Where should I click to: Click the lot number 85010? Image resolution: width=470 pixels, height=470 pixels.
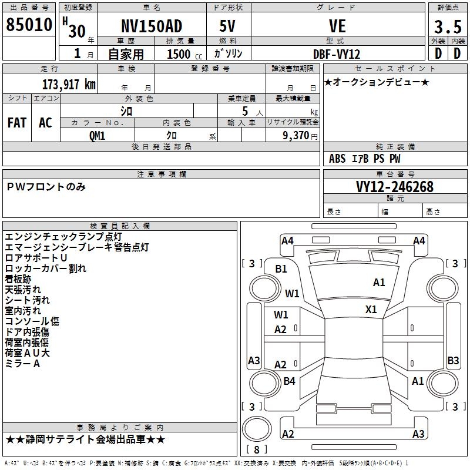pyautogui.click(x=29, y=25)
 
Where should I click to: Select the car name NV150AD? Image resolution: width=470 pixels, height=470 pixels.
pyautogui.click(x=151, y=26)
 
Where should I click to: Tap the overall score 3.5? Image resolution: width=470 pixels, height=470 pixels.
pyautogui.click(x=447, y=28)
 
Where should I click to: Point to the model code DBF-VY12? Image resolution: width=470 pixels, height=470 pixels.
pyautogui.click(x=337, y=54)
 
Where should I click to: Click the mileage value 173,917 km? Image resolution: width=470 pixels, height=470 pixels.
pyautogui.click(x=69, y=85)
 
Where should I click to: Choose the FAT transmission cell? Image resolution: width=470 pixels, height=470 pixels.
pyautogui.click(x=16, y=123)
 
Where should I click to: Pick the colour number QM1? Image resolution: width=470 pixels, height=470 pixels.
pyautogui.click(x=97, y=136)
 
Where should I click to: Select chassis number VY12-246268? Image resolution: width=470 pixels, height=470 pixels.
pyautogui.click(x=395, y=187)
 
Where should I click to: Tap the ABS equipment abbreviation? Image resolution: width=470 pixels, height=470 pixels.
pyautogui.click(x=337, y=159)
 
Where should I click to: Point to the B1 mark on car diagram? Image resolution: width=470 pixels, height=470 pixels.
pyautogui.click(x=281, y=268)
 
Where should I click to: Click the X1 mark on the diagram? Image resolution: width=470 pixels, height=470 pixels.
pyautogui.click(x=371, y=309)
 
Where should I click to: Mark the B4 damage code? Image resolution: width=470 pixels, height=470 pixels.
pyautogui.click(x=289, y=381)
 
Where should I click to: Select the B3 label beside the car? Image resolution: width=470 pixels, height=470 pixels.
pyautogui.click(x=453, y=361)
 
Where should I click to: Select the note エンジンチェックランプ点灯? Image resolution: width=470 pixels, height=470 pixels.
pyautogui.click(x=56, y=237)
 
